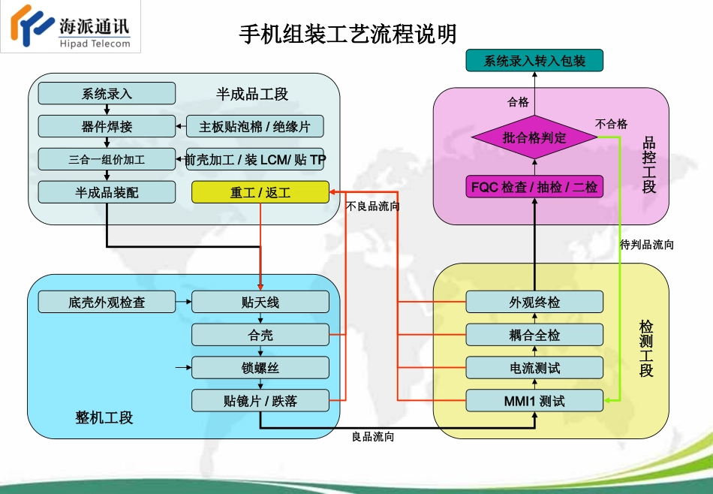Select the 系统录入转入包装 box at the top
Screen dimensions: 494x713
[534, 61]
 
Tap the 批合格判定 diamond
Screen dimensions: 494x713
[534, 137]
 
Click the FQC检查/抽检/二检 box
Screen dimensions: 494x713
[534, 186]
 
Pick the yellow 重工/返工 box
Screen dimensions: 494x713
[260, 193]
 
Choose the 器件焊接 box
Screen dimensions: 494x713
[107, 126]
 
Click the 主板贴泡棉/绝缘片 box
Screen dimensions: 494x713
[254, 126]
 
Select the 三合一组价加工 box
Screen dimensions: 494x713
[107, 159]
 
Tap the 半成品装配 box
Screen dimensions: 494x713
[107, 193]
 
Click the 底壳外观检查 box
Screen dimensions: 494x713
[107, 303]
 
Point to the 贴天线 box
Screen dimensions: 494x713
[260, 303]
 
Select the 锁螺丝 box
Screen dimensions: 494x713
[260, 368]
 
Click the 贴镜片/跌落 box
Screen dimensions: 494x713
[260, 401]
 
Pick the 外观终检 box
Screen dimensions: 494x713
[534, 303]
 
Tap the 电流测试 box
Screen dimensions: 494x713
[534, 368]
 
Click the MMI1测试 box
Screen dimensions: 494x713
[534, 401]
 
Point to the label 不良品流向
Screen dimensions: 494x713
[373, 206]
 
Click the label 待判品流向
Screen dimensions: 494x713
[647, 244]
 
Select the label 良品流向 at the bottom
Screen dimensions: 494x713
[373, 436]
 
